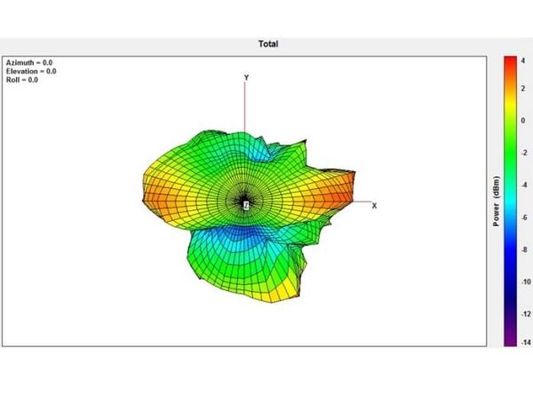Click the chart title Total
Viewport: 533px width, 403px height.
[268, 43]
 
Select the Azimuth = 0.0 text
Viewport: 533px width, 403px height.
[29, 62]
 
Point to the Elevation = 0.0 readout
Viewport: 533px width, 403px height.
[31, 71]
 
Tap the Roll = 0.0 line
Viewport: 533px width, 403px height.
[22, 80]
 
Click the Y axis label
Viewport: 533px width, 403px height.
[246, 78]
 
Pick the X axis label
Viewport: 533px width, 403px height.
[374, 206]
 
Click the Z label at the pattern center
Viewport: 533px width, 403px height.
[246, 205]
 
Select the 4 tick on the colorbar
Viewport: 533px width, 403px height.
[523, 60]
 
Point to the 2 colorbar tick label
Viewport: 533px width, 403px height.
[523, 89]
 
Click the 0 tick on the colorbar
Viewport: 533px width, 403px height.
[523, 121]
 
